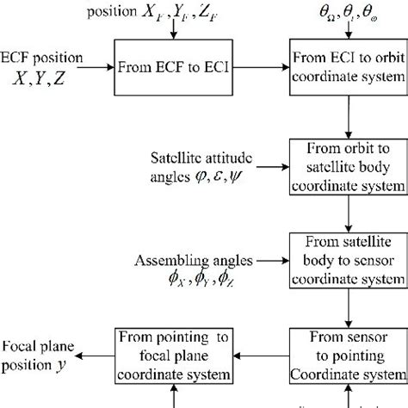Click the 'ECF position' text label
(x=42, y=59)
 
